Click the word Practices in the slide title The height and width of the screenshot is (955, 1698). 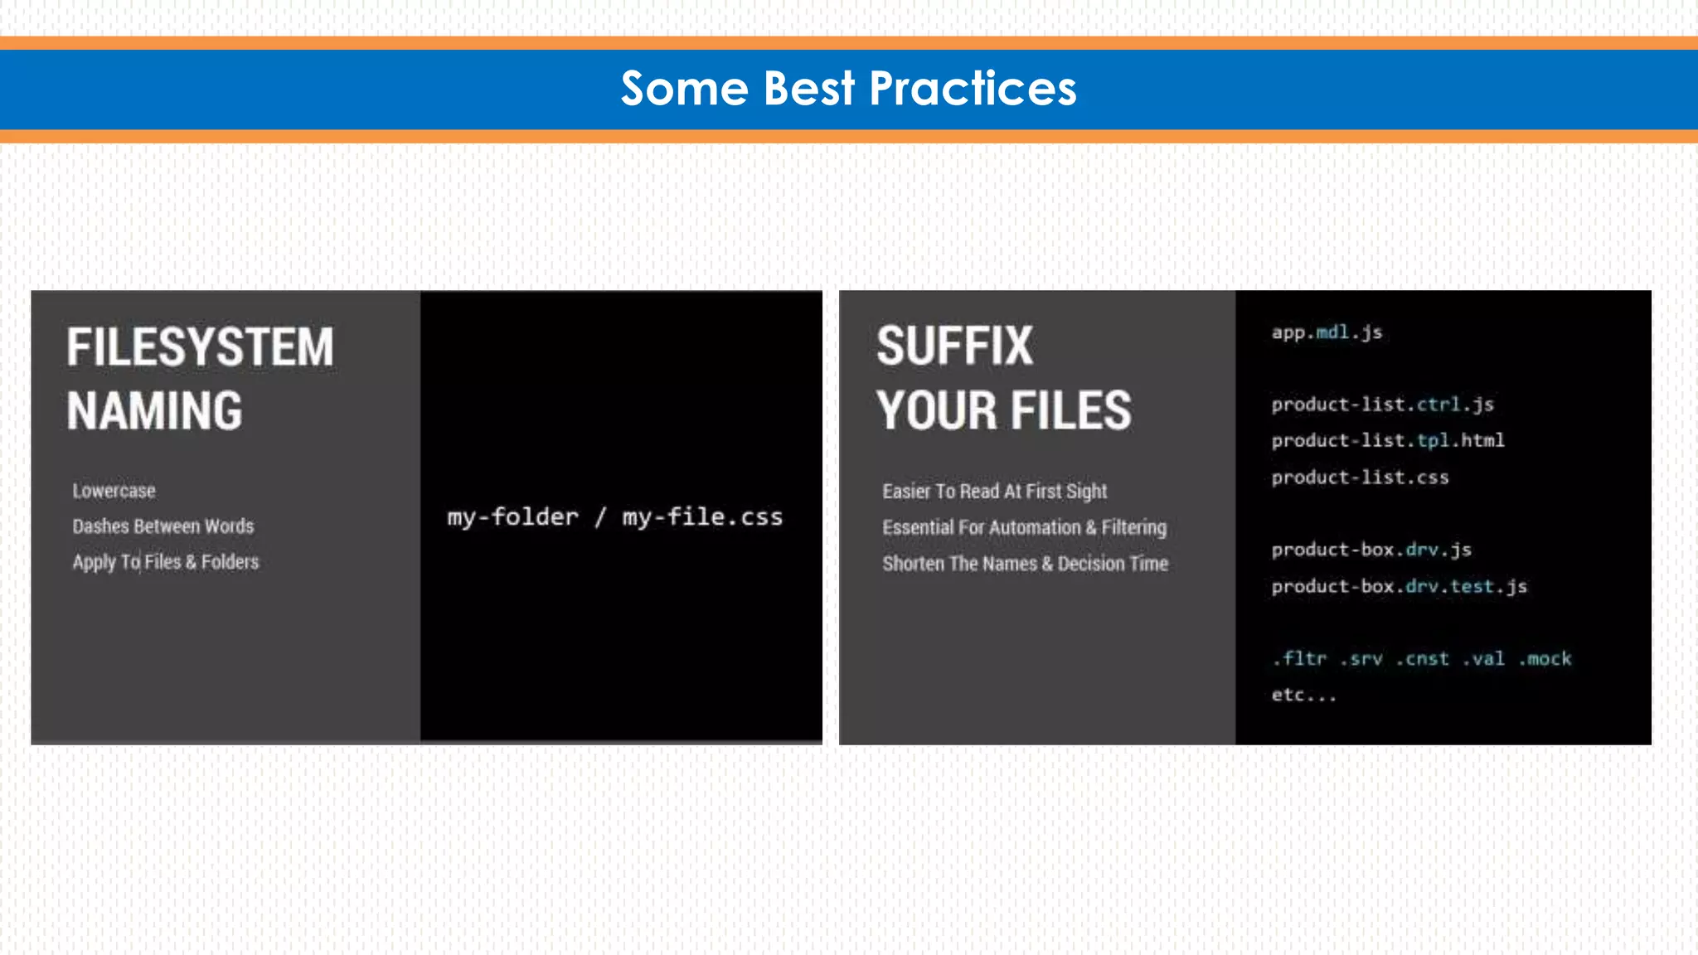(x=973, y=89)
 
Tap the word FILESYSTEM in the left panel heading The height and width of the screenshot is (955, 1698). (x=200, y=347)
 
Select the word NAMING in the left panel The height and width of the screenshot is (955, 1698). (x=154, y=411)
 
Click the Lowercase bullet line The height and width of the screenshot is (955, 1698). (x=114, y=491)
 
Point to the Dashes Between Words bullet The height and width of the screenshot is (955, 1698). (x=163, y=526)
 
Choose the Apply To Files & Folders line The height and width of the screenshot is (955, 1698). (x=165, y=562)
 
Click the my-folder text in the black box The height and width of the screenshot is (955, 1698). (x=512, y=517)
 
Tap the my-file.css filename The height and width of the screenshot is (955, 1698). (x=702, y=517)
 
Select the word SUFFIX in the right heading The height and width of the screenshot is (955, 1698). (x=954, y=346)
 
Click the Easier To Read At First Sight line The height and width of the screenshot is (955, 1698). (x=994, y=492)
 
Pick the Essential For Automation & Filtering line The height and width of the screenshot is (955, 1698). (x=1024, y=527)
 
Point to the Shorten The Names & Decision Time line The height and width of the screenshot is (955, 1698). (x=1025, y=564)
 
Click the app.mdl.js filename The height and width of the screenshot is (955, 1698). (x=1327, y=332)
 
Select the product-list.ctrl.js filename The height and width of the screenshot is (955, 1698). (x=1382, y=405)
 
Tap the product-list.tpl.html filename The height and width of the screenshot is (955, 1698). (x=1387, y=440)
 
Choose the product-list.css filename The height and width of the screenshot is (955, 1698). (x=1360, y=477)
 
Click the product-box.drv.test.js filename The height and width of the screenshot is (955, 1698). (x=1399, y=586)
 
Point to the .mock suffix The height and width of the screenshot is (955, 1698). (x=1545, y=659)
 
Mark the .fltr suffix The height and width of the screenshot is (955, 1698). (x=1298, y=659)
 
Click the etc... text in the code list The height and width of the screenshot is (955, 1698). (x=1303, y=695)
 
